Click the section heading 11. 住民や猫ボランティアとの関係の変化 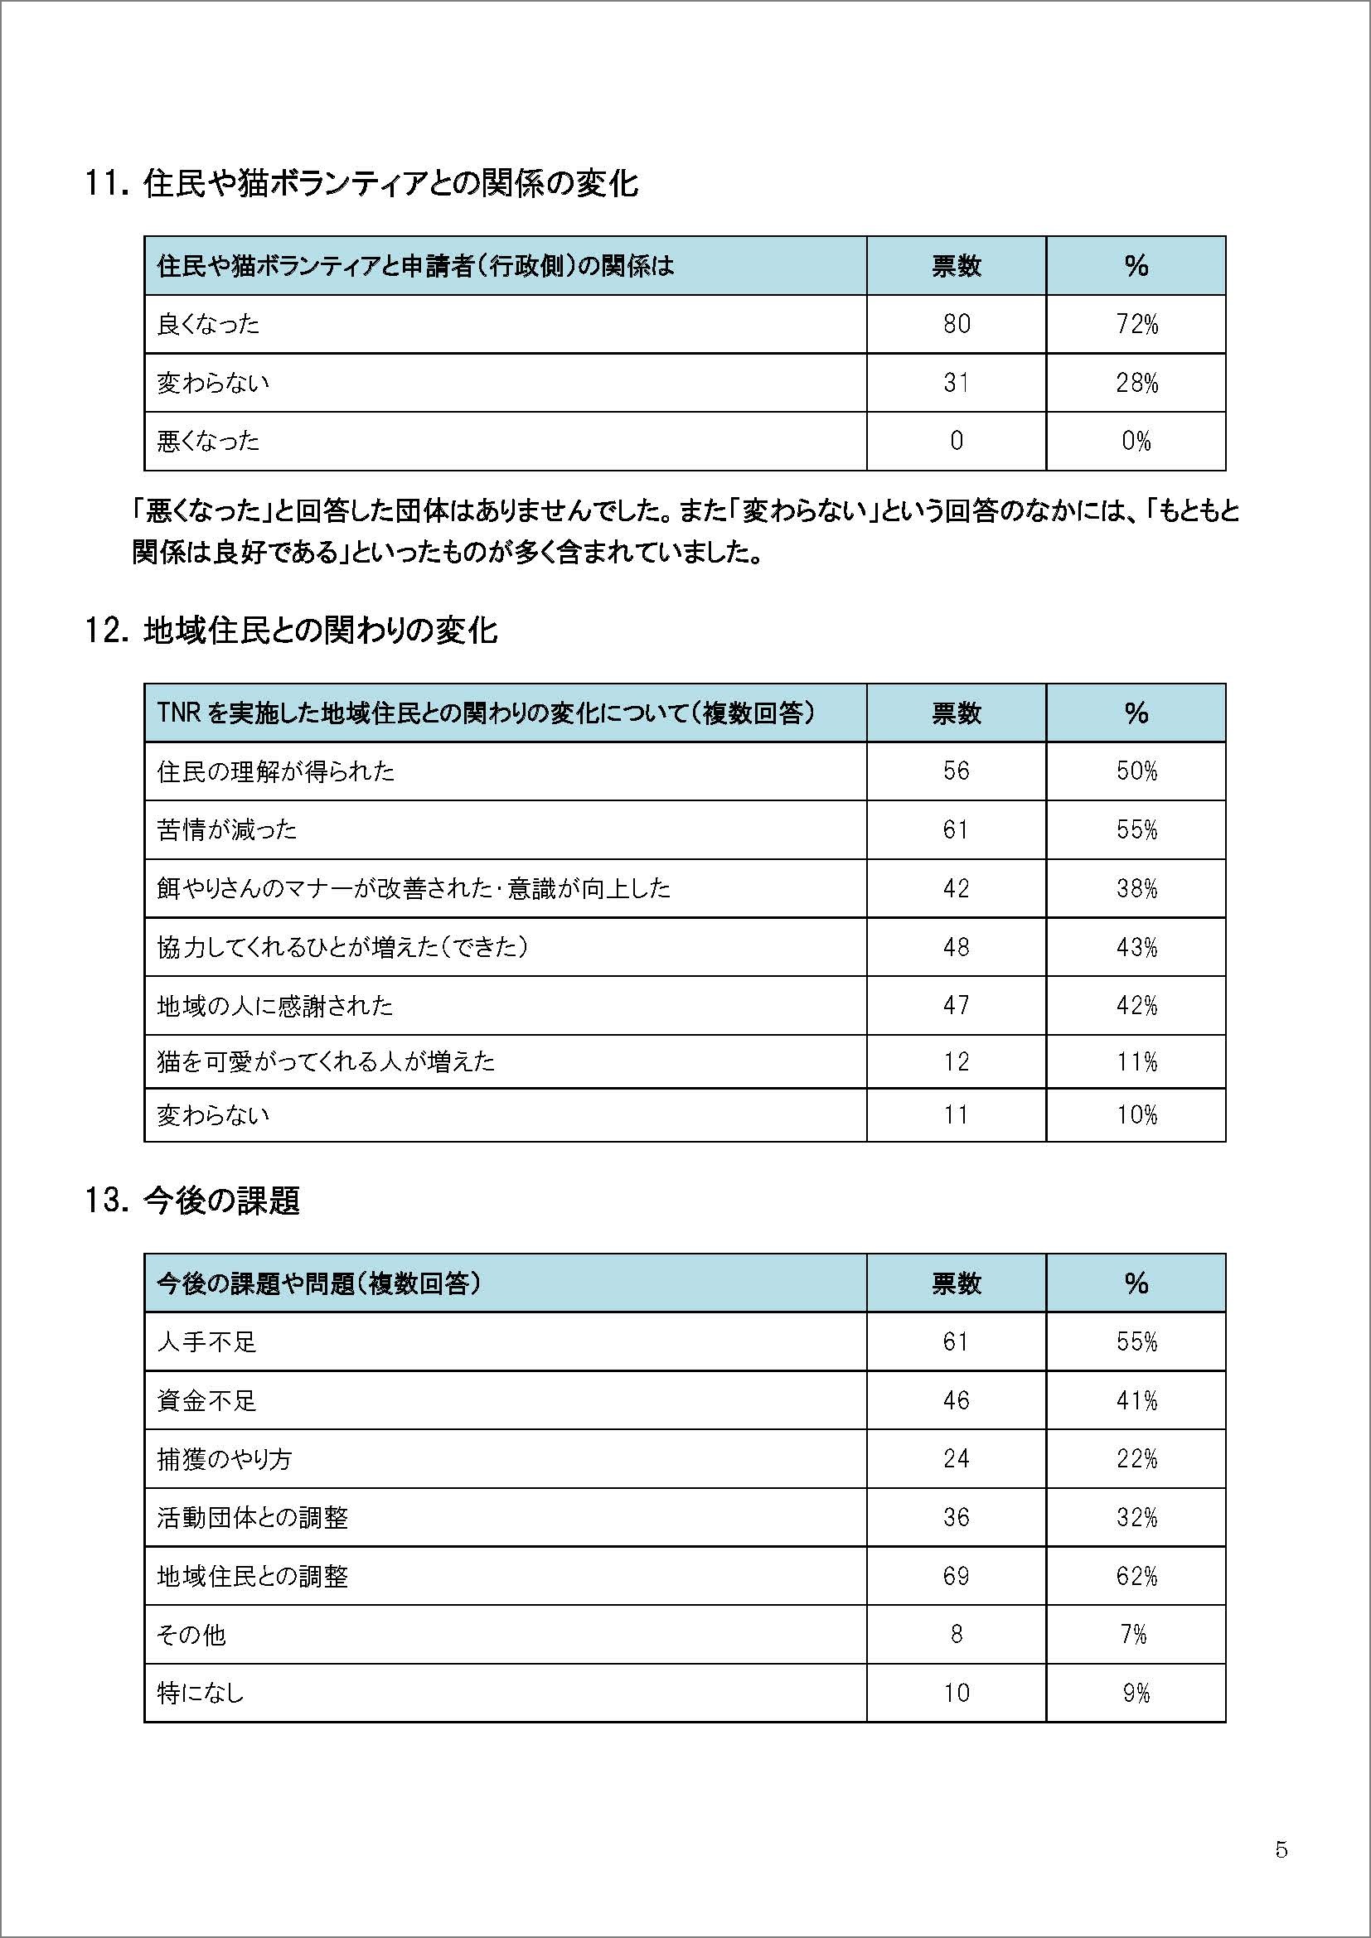(361, 184)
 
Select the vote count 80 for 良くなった (956, 324)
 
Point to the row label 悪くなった (208, 442)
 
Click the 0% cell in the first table (1136, 442)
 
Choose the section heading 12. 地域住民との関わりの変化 (291, 631)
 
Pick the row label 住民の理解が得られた (275, 771)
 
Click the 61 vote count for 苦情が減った (956, 830)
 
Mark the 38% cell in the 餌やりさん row (1136, 889)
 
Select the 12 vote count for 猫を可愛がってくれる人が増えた (956, 1062)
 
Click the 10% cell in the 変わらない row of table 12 (1136, 1116)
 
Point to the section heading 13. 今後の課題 (192, 1201)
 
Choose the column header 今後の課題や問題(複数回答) (319, 1283)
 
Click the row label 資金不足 (206, 1401)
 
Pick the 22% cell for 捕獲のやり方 (1136, 1459)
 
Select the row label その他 (191, 1635)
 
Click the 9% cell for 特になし (1136, 1694)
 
